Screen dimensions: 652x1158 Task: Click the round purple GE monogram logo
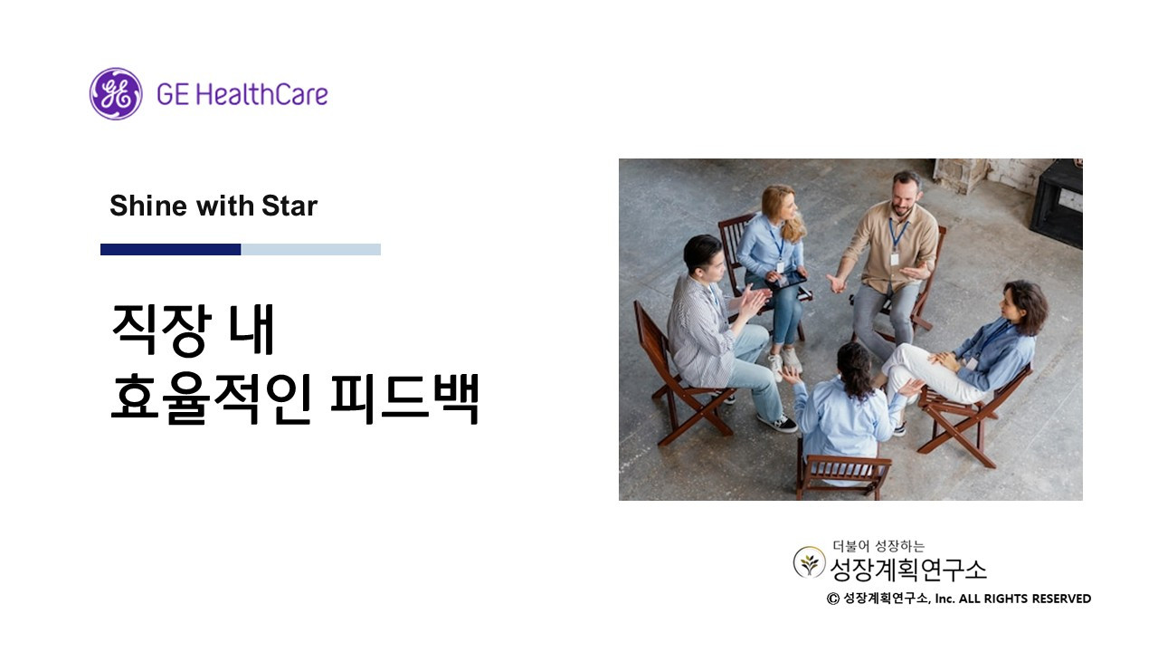click(x=116, y=93)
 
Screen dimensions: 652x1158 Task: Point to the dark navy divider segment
click(x=170, y=249)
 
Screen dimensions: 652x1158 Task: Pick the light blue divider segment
click(x=310, y=249)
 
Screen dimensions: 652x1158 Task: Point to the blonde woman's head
click(x=779, y=203)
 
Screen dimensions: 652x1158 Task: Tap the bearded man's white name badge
click(x=895, y=259)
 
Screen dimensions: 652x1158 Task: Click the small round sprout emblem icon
click(x=809, y=562)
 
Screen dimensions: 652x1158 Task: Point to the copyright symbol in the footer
click(x=832, y=599)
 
